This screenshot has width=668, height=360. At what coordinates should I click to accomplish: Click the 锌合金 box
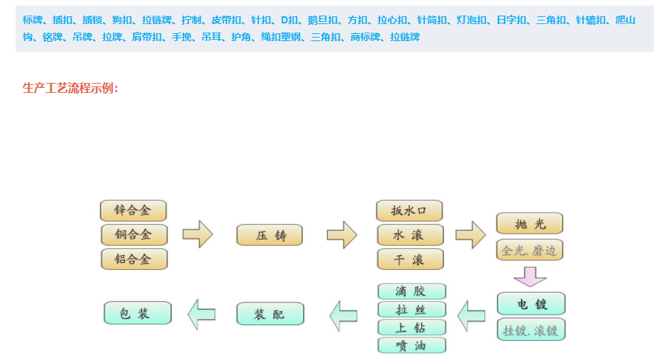(133, 210)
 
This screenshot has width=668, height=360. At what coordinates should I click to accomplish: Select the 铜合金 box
(133, 235)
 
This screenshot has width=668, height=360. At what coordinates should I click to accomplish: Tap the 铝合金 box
(133, 259)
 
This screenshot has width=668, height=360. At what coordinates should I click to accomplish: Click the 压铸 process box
(269, 235)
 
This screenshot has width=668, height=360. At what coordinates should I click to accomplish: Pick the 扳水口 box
(409, 210)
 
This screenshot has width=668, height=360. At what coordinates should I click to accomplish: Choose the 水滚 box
(409, 235)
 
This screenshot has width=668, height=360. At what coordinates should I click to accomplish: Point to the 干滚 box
(409, 259)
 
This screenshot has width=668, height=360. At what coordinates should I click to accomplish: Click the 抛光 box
(530, 224)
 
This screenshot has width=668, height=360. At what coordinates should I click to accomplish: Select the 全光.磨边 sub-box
(530, 249)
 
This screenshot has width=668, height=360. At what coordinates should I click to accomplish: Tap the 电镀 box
(531, 304)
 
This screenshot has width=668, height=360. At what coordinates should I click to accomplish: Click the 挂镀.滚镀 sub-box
(531, 330)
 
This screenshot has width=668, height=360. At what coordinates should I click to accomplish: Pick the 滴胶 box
(411, 291)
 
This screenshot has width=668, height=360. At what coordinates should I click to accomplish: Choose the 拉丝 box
(411, 310)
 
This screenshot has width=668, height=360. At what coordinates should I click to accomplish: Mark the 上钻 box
(411, 327)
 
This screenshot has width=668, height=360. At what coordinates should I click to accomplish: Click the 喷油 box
(411, 345)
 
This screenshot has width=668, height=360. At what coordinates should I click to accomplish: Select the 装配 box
(269, 314)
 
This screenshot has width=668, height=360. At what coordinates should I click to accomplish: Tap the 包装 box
(138, 313)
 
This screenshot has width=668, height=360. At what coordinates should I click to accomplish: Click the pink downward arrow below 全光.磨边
(530, 276)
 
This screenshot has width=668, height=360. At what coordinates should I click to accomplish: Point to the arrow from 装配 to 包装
(202, 314)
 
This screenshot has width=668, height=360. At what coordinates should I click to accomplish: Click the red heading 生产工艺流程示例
(71, 88)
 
